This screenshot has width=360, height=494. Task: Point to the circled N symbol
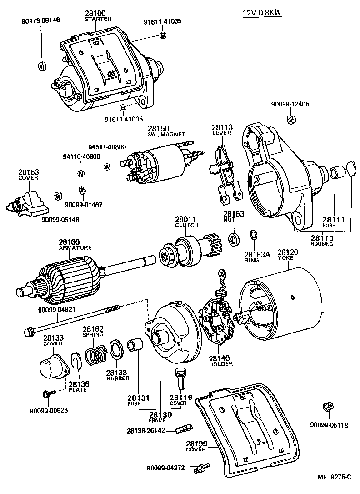coord(80,173)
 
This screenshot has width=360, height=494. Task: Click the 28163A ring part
coord(254,235)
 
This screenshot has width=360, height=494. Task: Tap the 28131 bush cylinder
coord(136,346)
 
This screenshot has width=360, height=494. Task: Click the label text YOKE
coord(286,258)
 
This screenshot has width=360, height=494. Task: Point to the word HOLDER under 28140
coord(220,363)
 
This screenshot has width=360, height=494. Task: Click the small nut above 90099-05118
coord(326,407)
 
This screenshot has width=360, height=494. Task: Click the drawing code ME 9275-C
coord(334,477)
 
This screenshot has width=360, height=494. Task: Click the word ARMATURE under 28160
coord(75,247)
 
